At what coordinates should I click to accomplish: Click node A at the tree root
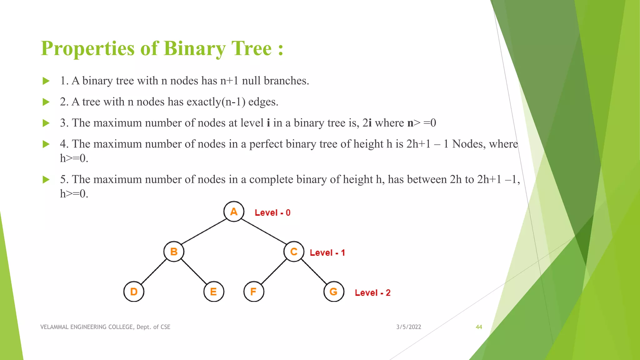[234, 212]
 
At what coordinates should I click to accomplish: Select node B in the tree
[174, 252]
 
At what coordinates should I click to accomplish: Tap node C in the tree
[294, 252]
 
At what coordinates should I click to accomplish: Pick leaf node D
[134, 292]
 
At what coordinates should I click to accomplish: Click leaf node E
[214, 292]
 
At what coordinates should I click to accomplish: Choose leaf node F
[254, 292]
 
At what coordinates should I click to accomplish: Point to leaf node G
[334, 292]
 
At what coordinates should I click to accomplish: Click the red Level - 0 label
[272, 213]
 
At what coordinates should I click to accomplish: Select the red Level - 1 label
[327, 253]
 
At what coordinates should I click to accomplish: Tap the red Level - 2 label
[372, 293]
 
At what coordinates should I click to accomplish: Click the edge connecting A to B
[204, 232]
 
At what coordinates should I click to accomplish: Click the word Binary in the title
[194, 49]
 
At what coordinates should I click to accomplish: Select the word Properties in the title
[88, 49]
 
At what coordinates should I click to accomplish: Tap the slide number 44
[479, 327]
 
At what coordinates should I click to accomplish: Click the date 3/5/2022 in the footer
[408, 327]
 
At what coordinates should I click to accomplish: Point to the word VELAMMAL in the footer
[54, 327]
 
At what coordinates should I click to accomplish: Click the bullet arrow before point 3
[46, 123]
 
